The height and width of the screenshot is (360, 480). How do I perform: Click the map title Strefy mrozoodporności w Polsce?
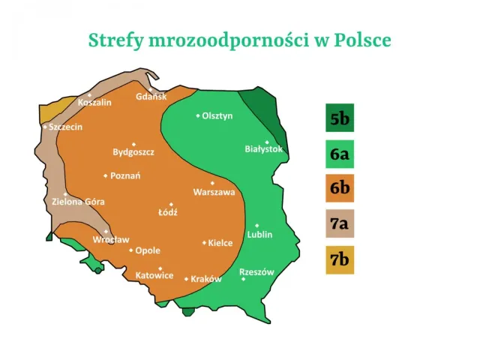(x=239, y=40)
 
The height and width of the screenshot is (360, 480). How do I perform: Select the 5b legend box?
(x=340, y=118)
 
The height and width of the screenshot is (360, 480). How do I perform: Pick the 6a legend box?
(x=340, y=155)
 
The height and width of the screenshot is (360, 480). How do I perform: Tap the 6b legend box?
(x=340, y=188)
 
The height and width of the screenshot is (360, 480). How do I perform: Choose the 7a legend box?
(x=340, y=223)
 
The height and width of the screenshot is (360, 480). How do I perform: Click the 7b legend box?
(x=340, y=259)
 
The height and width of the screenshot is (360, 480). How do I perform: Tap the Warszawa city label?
(x=214, y=192)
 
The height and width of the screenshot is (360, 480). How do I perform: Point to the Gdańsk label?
(x=151, y=97)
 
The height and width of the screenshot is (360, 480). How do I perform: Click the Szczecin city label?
(x=65, y=127)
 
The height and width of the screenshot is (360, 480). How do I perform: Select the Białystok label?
(x=264, y=149)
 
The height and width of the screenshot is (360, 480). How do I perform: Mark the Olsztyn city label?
(x=217, y=115)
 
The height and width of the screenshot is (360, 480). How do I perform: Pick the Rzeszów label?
(x=256, y=271)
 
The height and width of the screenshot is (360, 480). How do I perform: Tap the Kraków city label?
(x=206, y=279)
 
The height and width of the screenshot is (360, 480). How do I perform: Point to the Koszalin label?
(x=94, y=102)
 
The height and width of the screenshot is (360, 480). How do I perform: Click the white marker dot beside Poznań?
(x=105, y=176)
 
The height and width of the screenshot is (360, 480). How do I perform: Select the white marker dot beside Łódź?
(x=171, y=204)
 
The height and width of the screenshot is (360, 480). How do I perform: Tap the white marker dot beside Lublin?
(x=256, y=225)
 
